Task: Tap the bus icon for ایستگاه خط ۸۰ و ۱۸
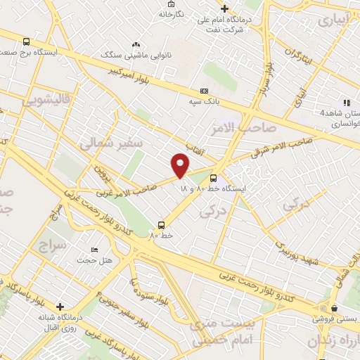click(x=213, y=178)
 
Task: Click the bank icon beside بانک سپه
click(x=205, y=91)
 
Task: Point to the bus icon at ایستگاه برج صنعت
click(x=26, y=41)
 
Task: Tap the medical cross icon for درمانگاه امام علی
click(x=224, y=8)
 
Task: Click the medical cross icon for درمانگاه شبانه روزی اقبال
click(x=61, y=307)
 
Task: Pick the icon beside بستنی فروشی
click(x=335, y=308)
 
